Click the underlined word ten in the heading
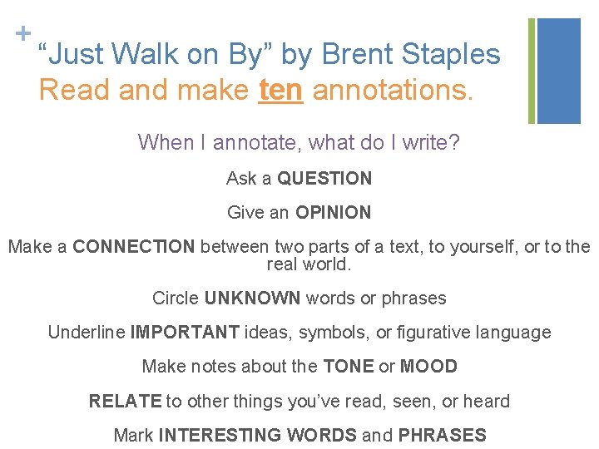pyautogui.click(x=280, y=89)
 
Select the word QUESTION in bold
pyautogui.click(x=324, y=178)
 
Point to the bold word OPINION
pyautogui.click(x=333, y=212)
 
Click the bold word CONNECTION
pyautogui.click(x=134, y=246)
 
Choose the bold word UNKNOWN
pyautogui.click(x=253, y=298)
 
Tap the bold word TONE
pyautogui.click(x=349, y=366)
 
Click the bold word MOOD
pyautogui.click(x=428, y=366)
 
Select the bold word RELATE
pyautogui.click(x=125, y=401)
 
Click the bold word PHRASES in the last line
pyautogui.click(x=442, y=435)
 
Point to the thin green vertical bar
pyautogui.click(x=532, y=71)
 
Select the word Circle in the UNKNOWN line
pyautogui.click(x=176, y=298)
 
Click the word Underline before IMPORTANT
pyautogui.click(x=87, y=332)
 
